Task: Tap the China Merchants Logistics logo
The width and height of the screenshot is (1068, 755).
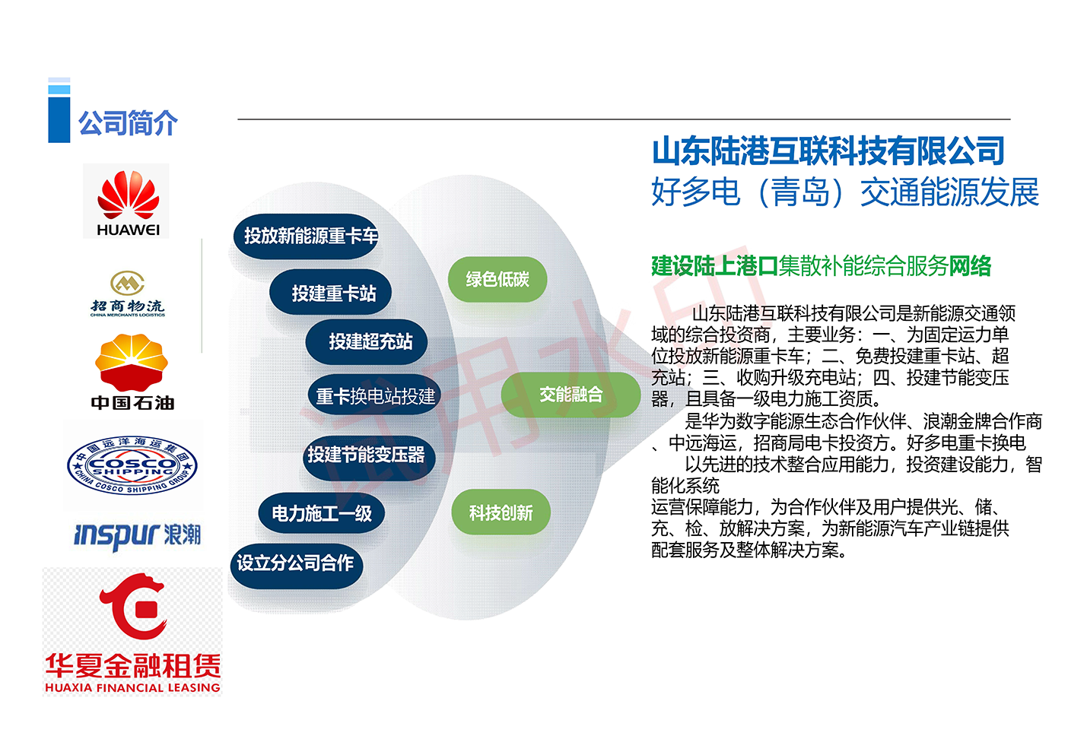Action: tap(127, 293)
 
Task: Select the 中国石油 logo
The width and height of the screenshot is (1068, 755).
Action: tap(132, 372)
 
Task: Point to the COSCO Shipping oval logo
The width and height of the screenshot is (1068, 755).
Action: tap(132, 465)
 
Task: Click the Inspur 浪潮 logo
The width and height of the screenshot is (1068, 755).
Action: tap(138, 536)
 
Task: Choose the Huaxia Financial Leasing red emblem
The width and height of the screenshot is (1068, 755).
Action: tap(133, 606)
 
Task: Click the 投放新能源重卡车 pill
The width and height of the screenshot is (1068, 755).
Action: tap(306, 236)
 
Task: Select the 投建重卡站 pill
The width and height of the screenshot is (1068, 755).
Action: tap(330, 292)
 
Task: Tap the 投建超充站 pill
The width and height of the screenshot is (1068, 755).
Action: tap(366, 341)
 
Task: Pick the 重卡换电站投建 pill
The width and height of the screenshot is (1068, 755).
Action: tap(375, 395)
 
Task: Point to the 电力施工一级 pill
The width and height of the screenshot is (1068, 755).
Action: tap(321, 514)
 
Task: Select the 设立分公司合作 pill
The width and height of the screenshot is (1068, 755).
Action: tap(297, 566)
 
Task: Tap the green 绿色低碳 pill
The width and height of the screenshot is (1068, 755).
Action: tap(497, 279)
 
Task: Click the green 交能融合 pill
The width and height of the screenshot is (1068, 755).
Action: tap(571, 395)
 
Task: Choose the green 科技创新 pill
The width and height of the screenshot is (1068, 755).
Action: tap(501, 512)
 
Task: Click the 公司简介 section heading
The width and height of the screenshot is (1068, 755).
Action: tap(128, 123)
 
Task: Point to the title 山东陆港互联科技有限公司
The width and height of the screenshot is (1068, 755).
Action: tap(828, 151)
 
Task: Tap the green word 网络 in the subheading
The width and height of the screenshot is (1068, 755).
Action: tap(971, 266)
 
